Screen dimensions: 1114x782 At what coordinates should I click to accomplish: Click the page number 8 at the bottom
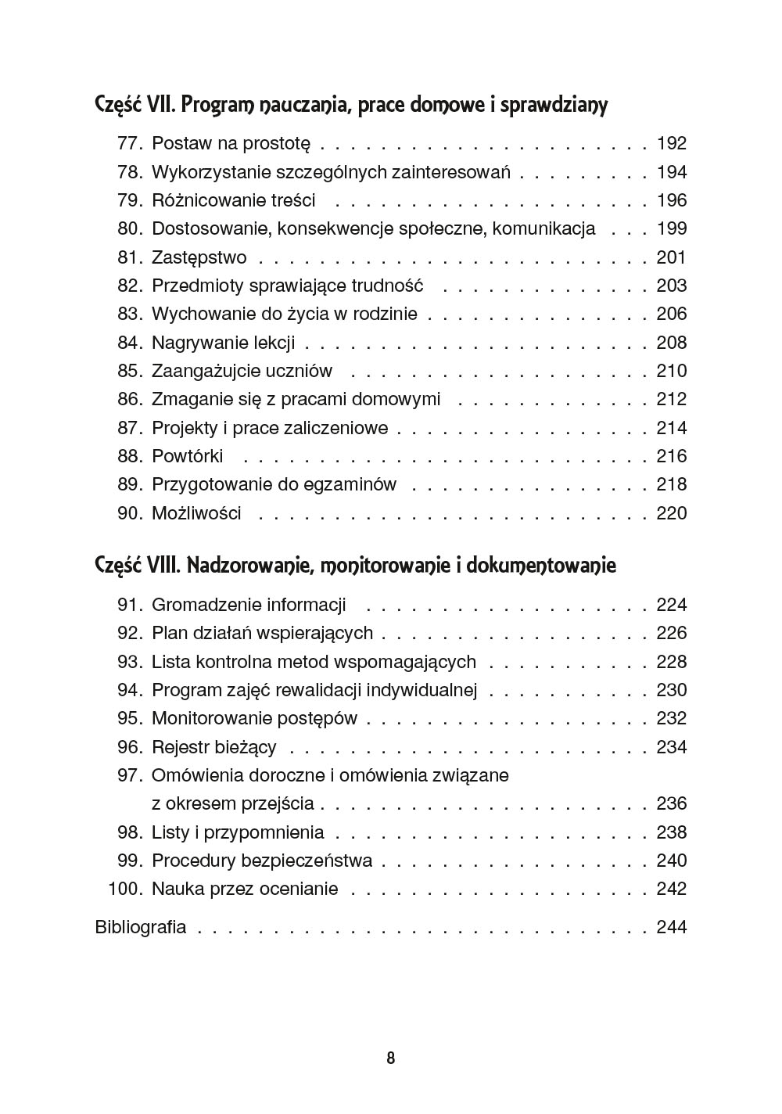[x=391, y=1058]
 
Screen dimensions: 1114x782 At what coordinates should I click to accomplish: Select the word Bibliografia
[x=141, y=927]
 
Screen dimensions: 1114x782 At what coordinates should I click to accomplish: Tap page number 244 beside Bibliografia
[x=672, y=927]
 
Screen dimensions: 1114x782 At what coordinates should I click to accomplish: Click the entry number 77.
[x=129, y=144]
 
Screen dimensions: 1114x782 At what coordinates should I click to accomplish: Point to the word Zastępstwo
[x=199, y=258]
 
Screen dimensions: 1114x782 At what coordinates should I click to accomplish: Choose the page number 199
[x=672, y=229]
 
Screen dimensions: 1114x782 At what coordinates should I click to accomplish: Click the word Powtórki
[x=187, y=457]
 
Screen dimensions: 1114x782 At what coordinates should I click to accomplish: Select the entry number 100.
[x=125, y=889]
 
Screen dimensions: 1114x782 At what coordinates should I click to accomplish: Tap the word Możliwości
[x=196, y=514]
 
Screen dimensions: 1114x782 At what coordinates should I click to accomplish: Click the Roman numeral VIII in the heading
[x=164, y=565]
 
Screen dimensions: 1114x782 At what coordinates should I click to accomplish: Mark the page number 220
[x=672, y=514]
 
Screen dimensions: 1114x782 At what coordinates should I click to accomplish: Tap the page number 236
[x=672, y=804]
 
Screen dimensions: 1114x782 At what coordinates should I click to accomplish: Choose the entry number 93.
[x=129, y=663]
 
